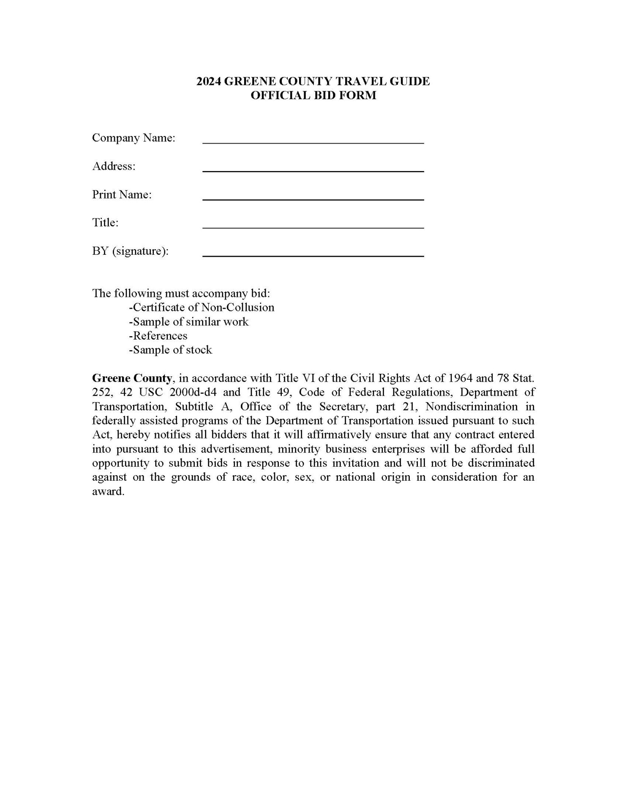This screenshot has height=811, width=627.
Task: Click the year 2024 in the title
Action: tap(208, 81)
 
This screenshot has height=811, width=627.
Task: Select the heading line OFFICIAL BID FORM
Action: tap(313, 95)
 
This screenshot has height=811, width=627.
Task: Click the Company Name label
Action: tap(134, 138)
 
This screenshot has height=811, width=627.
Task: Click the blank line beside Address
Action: tap(313, 170)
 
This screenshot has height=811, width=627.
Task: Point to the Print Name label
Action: tap(122, 195)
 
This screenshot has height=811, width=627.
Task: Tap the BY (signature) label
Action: tap(130, 251)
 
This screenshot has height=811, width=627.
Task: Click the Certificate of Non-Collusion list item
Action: tap(202, 308)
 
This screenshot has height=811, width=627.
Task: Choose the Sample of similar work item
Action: tap(189, 322)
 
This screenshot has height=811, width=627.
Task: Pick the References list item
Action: tap(158, 336)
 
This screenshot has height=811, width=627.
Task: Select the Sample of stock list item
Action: tap(170, 350)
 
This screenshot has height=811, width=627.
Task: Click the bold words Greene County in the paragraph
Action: tap(132, 378)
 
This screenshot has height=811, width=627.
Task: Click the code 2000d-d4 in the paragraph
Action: tap(193, 392)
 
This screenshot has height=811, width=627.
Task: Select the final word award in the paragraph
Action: tap(108, 492)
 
